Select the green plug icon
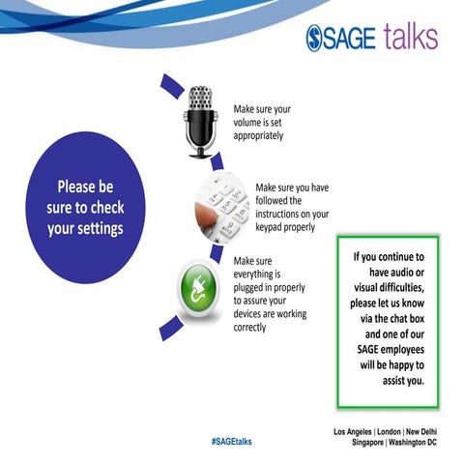pos(201,286)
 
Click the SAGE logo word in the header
pos(343,38)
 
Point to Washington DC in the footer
pos(414,442)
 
